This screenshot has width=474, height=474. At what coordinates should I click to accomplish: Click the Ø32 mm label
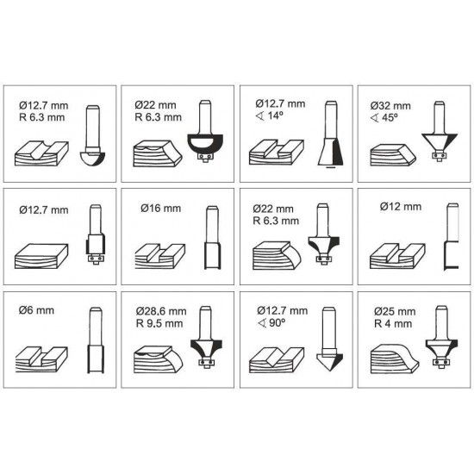(390, 106)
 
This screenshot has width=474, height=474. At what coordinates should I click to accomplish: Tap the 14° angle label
(270, 115)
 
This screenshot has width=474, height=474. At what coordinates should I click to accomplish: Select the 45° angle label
(384, 117)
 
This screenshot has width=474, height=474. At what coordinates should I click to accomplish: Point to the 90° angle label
(271, 323)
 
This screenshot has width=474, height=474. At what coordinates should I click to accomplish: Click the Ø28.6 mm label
(161, 311)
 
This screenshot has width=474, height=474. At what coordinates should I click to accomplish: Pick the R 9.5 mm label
(159, 323)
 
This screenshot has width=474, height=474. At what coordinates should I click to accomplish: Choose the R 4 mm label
(393, 324)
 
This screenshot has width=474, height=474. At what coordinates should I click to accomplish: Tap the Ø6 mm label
(36, 310)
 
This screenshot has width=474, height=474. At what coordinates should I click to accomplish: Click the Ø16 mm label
(161, 209)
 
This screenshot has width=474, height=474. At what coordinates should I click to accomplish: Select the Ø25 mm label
(395, 311)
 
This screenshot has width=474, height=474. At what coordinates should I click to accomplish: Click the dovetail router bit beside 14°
(331, 134)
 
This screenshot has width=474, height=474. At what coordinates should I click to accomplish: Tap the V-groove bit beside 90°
(329, 340)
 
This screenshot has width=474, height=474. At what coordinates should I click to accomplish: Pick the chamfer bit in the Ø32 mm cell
(440, 131)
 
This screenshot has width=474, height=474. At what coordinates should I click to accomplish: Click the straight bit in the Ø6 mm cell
(96, 340)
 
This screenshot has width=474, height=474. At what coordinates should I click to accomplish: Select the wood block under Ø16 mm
(159, 256)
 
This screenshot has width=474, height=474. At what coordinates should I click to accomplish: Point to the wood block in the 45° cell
(393, 155)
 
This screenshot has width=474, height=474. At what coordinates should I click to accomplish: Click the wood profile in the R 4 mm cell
(395, 359)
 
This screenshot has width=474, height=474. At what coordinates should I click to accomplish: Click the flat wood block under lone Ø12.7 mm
(41, 256)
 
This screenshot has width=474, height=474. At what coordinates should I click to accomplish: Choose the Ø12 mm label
(401, 207)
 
